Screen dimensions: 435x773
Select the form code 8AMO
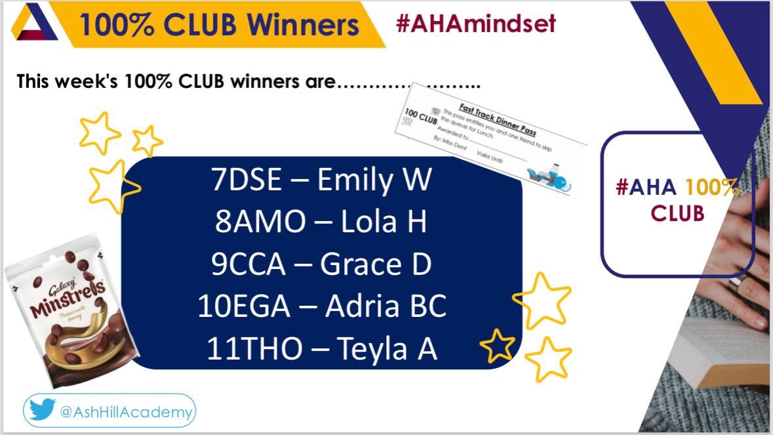260,222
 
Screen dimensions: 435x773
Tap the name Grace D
376,264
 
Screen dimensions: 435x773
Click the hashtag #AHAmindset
475,24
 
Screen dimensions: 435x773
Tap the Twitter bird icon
43,411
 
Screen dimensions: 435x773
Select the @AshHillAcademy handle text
127,413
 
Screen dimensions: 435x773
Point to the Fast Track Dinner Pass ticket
490,145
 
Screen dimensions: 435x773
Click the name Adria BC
386,306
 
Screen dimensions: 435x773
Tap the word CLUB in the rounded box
677,213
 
